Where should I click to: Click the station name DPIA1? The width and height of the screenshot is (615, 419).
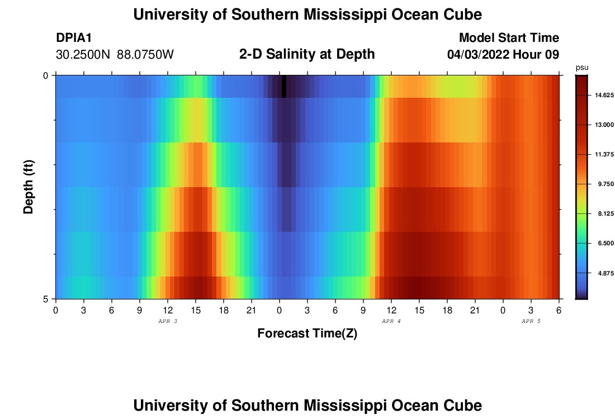coord(74,38)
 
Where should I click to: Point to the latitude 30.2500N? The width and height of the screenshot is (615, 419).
coord(83,55)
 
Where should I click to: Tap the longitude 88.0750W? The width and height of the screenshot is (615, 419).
coord(145,55)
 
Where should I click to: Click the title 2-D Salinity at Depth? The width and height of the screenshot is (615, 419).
coord(306,54)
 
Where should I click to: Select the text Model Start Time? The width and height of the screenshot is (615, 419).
coord(509,38)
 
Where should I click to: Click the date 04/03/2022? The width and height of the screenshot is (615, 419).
coord(477,55)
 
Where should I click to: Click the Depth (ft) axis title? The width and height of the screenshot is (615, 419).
coord(30,187)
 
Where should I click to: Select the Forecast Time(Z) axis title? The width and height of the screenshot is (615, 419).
coord(307,334)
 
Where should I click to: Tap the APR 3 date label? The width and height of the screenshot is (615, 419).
coord(168,321)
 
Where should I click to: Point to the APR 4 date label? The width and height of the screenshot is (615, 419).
coord(391,321)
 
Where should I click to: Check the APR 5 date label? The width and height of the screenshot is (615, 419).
coord(531,321)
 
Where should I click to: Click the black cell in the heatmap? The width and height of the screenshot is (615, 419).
coord(284,86)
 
